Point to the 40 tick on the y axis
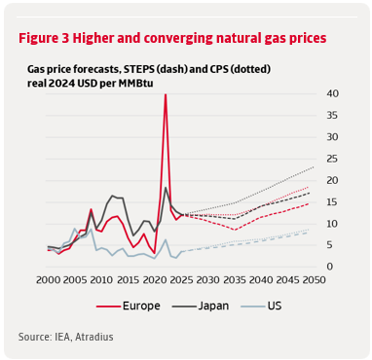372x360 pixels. [332, 93]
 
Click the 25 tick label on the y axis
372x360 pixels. [332, 159]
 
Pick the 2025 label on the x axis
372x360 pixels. [180, 281]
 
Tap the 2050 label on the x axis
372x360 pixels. [313, 281]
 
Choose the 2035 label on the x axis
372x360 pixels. [233, 281]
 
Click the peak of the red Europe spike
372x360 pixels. [165, 94]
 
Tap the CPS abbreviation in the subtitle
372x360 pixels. [228, 69]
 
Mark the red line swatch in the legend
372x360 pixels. [105, 306]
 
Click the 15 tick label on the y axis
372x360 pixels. [332, 202]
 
